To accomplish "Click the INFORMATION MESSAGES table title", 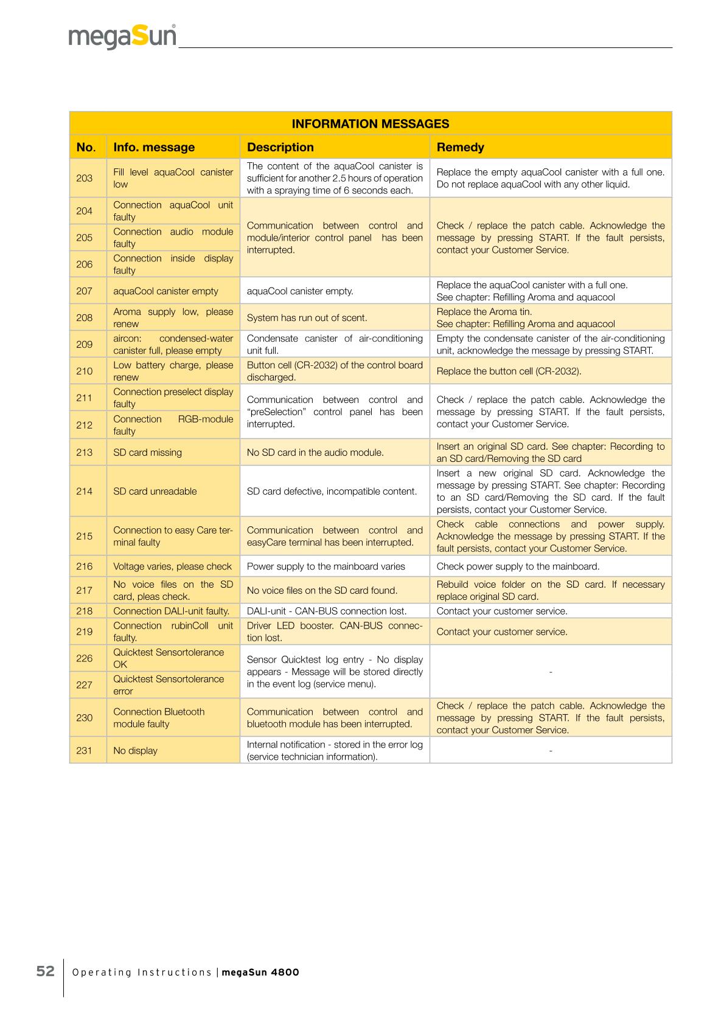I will point(370,124).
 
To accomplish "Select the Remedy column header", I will point(460,147).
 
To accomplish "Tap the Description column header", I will point(280,147).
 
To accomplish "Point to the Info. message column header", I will point(154,147).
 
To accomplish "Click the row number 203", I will point(85,178).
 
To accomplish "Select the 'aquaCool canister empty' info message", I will point(165,291).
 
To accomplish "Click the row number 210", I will point(85,371).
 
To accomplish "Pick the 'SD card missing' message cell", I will point(147,452).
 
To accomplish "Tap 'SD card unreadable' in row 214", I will point(155,491).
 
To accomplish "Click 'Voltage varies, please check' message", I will point(172,567).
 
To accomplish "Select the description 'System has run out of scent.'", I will point(307,318).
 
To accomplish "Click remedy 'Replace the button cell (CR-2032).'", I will point(509,371).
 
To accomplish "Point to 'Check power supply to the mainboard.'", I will point(518,567).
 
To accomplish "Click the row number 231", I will point(85,751).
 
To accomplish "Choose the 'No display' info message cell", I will point(135,751).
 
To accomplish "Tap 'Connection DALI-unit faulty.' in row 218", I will point(171,611).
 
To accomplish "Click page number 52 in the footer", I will point(46,971).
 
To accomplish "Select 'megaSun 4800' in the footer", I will point(260,973).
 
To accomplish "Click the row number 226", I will point(85,658).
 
